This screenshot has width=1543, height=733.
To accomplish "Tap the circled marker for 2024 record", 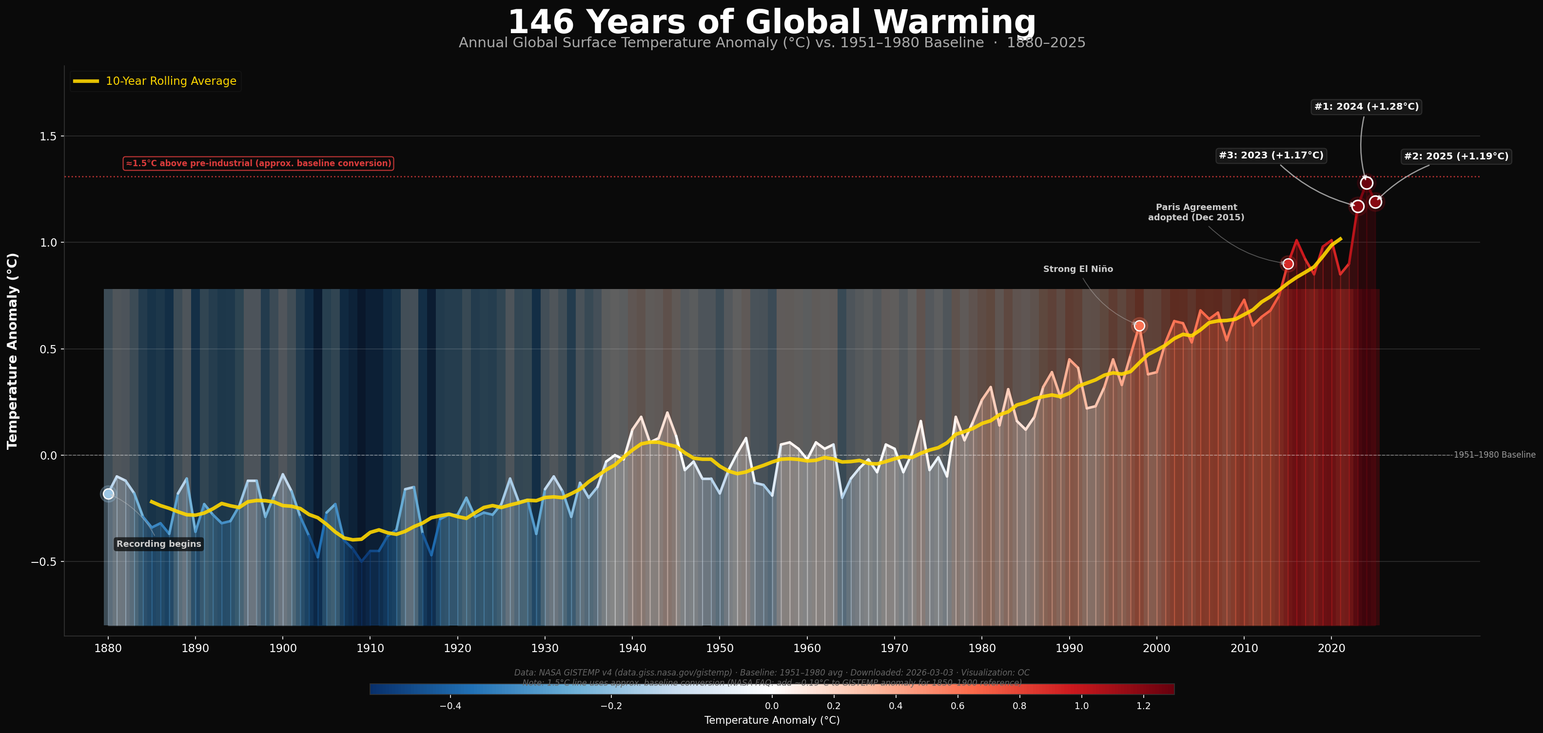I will pyautogui.click(x=1367, y=183).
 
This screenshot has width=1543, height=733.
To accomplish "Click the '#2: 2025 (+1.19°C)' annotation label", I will pyautogui.click(x=1456, y=156).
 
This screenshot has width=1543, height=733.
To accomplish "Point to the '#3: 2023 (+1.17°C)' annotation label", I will pyautogui.click(x=1271, y=155).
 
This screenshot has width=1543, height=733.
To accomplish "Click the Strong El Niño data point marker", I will pyautogui.click(x=1139, y=326).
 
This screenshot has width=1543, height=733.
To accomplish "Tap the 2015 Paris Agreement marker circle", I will pyautogui.click(x=1288, y=264).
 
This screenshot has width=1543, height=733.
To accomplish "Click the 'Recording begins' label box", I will pyautogui.click(x=159, y=544).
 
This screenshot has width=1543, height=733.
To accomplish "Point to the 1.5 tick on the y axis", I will pyautogui.click(x=48, y=136).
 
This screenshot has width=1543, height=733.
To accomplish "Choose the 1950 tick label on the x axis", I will pyautogui.click(x=720, y=649).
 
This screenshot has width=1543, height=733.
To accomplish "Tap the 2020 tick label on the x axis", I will pyautogui.click(x=1331, y=649).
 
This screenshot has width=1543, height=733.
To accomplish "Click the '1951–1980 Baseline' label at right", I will pyautogui.click(x=1494, y=455).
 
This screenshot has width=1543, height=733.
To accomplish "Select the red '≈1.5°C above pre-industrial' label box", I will pyautogui.click(x=258, y=163).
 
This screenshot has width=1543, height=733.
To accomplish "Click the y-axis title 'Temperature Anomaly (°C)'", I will pyautogui.click(x=13, y=351).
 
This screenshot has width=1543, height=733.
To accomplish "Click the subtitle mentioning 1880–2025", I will pyautogui.click(x=771, y=43).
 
